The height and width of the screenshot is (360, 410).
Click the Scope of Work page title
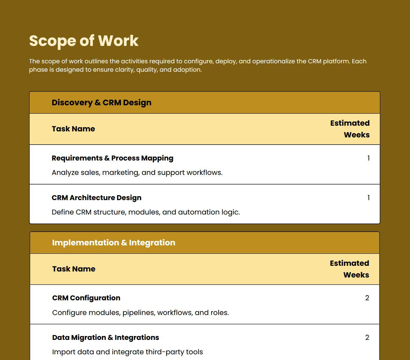click(x=84, y=40)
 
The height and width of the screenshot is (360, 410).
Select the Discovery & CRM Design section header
click(x=101, y=103)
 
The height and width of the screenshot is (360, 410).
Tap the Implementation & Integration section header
click(x=113, y=243)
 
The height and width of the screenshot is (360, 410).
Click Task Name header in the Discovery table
click(x=73, y=129)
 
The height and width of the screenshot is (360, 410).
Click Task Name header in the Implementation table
click(x=74, y=269)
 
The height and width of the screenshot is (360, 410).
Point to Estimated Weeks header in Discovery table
click(x=350, y=129)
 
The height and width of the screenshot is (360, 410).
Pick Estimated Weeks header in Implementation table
click(x=349, y=269)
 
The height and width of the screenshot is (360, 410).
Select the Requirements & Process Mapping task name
click(x=112, y=158)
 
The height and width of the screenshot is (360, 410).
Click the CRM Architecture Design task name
click(x=96, y=198)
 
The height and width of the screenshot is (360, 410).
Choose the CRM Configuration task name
click(x=86, y=298)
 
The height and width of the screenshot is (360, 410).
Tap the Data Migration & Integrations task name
click(x=105, y=337)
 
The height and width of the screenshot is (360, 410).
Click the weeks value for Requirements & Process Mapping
click(x=368, y=158)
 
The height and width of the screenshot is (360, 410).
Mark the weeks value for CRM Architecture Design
click(x=368, y=198)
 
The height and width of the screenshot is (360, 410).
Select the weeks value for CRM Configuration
click(x=367, y=298)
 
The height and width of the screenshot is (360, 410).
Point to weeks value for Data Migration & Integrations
click(x=367, y=337)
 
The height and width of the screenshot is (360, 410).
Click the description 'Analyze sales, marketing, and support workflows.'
click(x=137, y=173)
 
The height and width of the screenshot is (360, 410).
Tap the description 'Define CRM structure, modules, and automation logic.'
click(x=146, y=212)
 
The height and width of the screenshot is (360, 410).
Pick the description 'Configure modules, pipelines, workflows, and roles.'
click(x=140, y=313)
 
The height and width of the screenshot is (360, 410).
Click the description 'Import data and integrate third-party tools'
click(x=127, y=352)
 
